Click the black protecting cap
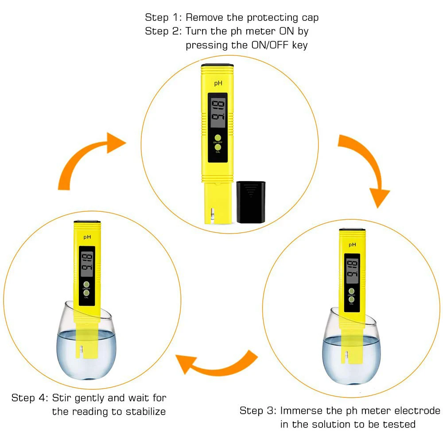pyautogui.click(x=250, y=202)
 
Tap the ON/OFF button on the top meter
pyautogui.click(x=218, y=137)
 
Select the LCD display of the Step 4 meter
pyautogui.click(x=87, y=264)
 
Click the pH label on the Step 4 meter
pyautogui.click(x=87, y=237)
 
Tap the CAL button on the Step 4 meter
pyautogui.click(x=86, y=292)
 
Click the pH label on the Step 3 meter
pyautogui.click(x=352, y=245)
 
